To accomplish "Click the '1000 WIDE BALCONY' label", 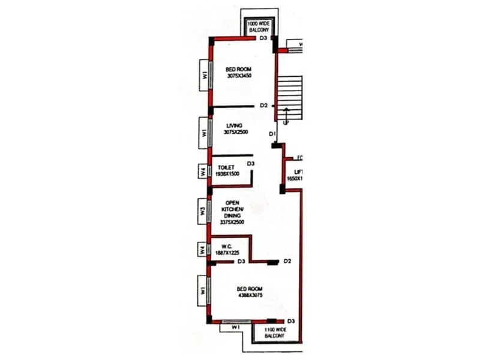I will (261, 26).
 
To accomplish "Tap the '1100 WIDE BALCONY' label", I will (270, 334).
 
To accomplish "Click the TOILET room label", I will (226, 167).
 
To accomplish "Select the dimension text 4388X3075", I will (250, 296).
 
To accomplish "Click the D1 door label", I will (272, 133).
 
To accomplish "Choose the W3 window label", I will (203, 211).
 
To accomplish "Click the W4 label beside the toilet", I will (203, 172).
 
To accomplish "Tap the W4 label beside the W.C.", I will (203, 249).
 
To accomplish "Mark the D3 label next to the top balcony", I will (262, 38).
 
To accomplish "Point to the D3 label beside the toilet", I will (251, 163).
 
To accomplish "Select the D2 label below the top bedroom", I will (263, 106).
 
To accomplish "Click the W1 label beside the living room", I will (203, 131).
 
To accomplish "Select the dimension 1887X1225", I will (227, 253).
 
